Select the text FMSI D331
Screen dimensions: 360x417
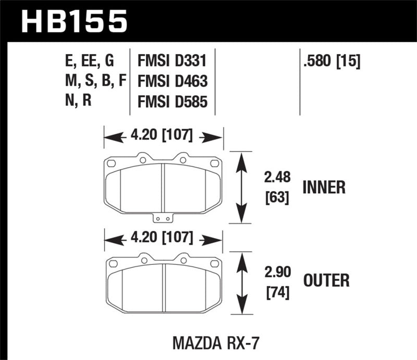point(172,62)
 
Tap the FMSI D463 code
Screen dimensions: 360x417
point(172,81)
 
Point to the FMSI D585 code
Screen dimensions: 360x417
point(172,101)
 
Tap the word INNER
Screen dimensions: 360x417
point(323,188)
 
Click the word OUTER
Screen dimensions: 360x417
point(326,282)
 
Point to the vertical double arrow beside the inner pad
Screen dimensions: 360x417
point(240,188)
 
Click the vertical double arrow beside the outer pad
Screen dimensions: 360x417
point(240,284)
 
